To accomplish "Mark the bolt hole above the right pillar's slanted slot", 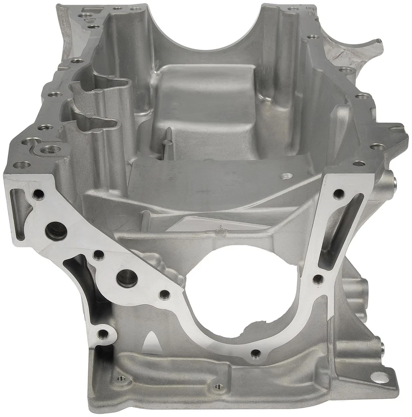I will (x=339, y=194).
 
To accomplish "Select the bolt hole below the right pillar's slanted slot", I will (x=318, y=279).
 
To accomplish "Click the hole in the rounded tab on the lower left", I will (x=103, y=334).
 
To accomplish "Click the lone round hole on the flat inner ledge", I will (x=286, y=176).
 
